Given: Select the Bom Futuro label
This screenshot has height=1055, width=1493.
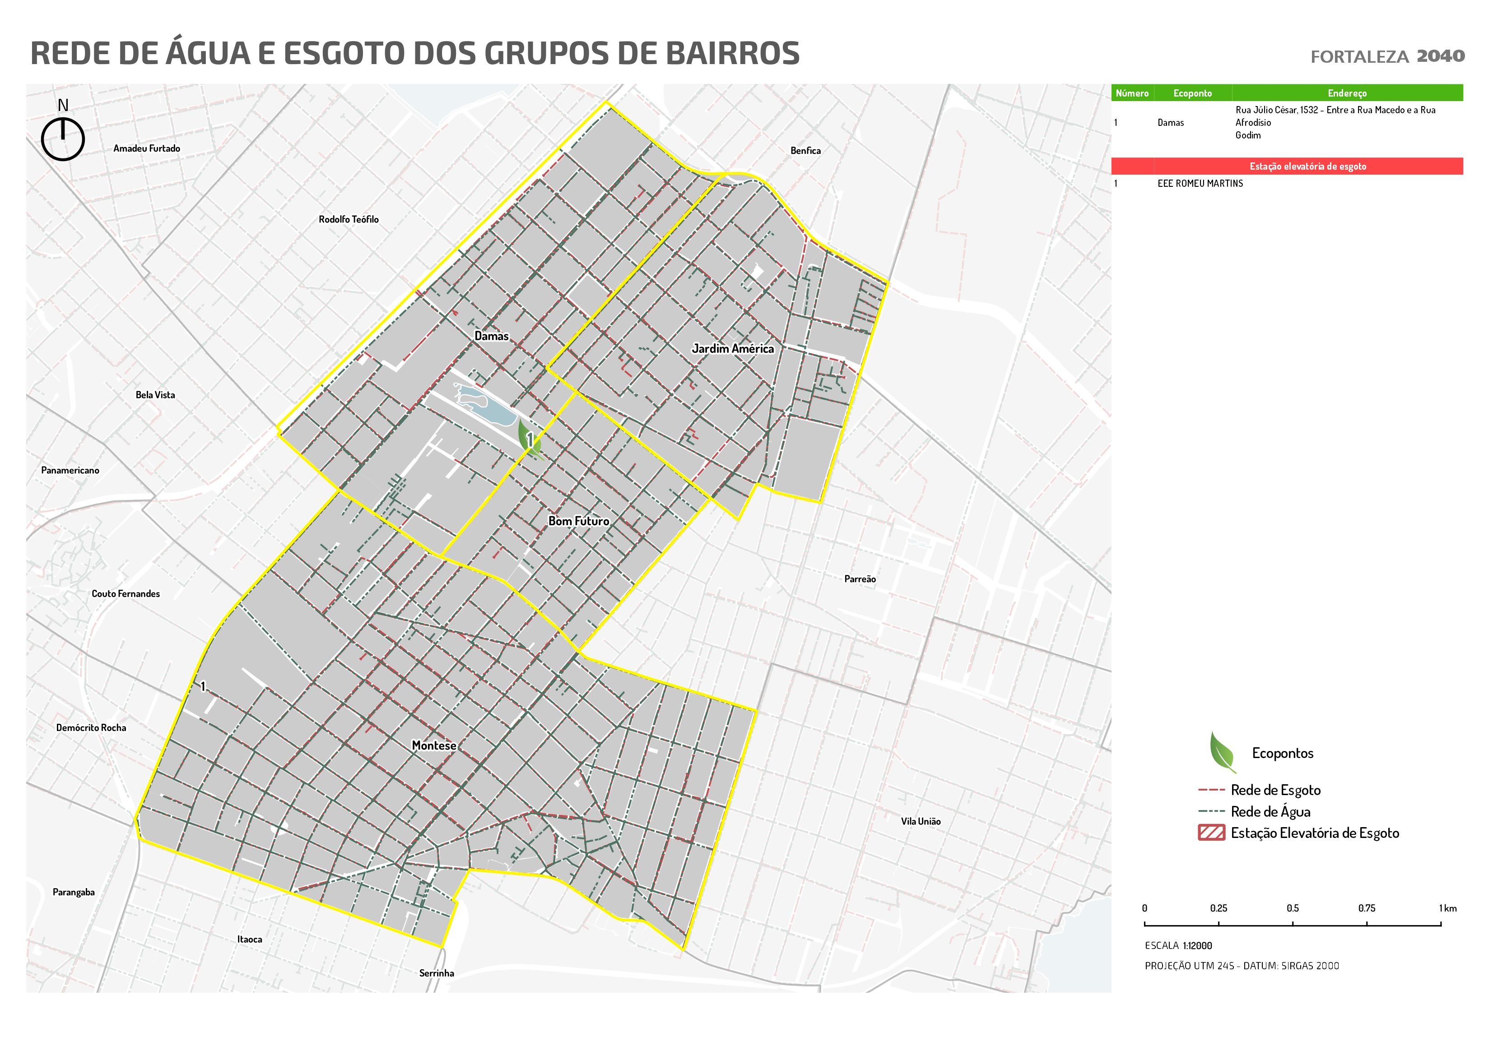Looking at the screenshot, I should (x=579, y=521).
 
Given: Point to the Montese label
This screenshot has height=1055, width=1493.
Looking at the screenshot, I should (x=434, y=745).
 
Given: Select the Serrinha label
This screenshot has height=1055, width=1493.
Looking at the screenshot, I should (x=436, y=973).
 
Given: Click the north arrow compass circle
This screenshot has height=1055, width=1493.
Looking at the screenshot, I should (x=63, y=139).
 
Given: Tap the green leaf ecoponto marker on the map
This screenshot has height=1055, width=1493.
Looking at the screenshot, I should (x=529, y=437).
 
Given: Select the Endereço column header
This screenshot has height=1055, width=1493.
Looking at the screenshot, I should (x=1347, y=93).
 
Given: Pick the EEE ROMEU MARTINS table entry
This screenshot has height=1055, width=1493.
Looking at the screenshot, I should (x=1200, y=183).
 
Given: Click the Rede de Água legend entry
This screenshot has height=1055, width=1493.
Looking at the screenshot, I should (x=1270, y=811).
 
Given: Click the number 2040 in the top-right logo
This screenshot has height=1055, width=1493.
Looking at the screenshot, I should (x=1440, y=56).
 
